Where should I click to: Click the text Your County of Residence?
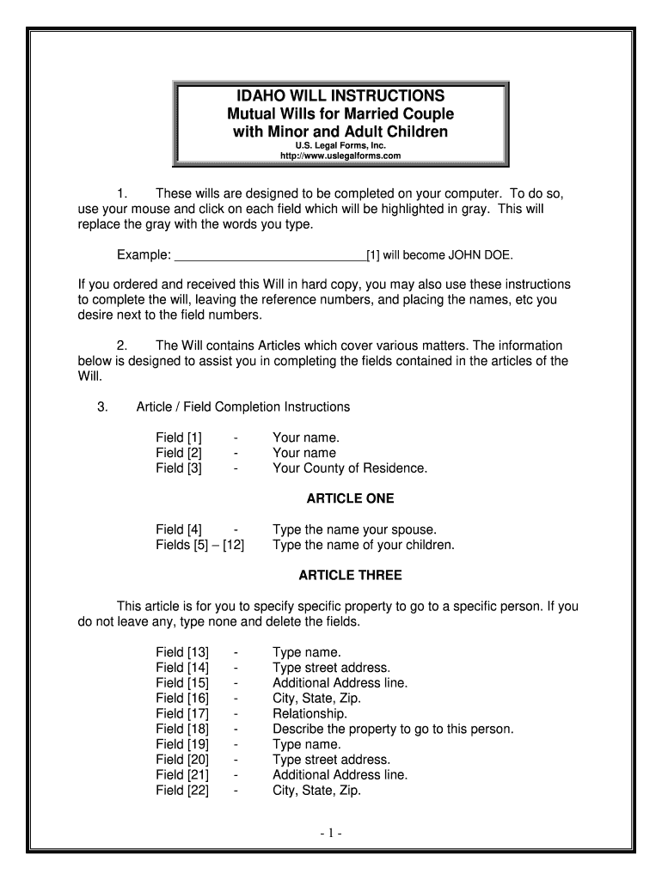(350, 468)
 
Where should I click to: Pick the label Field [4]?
(179, 529)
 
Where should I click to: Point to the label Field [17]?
(182, 713)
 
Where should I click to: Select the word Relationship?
(310, 713)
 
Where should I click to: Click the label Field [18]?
(182, 729)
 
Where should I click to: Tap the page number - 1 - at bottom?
(330, 833)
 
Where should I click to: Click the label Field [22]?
(182, 791)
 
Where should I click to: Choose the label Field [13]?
(182, 652)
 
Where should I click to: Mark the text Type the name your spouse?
(354, 529)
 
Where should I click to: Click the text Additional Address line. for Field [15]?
(340, 683)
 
